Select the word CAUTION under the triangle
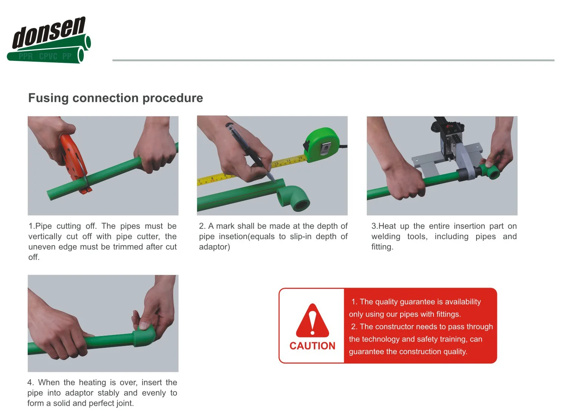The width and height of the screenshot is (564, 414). click(312, 346)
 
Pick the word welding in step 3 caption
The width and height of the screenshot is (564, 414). click(386, 237)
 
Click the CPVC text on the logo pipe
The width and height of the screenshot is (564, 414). click(48, 57)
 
